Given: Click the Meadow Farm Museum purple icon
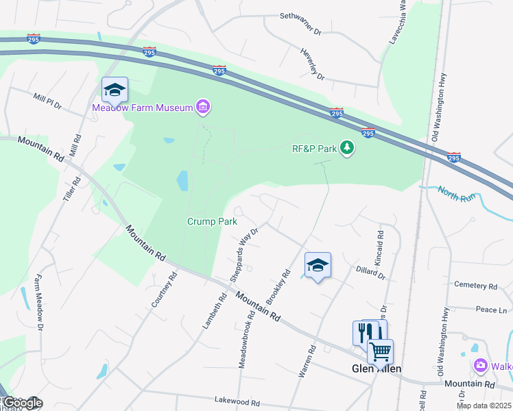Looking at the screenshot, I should pyautogui.click(x=202, y=106).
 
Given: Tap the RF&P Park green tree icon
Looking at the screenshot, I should pyautogui.click(x=348, y=148).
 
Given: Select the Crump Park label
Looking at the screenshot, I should pyautogui.click(x=213, y=221).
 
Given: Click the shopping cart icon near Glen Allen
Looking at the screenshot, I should pyautogui.click(x=381, y=351).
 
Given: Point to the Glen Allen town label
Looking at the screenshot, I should pyautogui.click(x=376, y=369).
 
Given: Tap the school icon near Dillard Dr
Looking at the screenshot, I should pyautogui.click(x=318, y=266).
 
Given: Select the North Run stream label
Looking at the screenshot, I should pyautogui.click(x=456, y=194).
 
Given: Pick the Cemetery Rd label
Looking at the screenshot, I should pyautogui.click(x=475, y=286).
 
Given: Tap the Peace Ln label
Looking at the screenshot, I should pyautogui.click(x=491, y=310).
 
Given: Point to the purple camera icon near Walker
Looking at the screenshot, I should pyautogui.click(x=480, y=366).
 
